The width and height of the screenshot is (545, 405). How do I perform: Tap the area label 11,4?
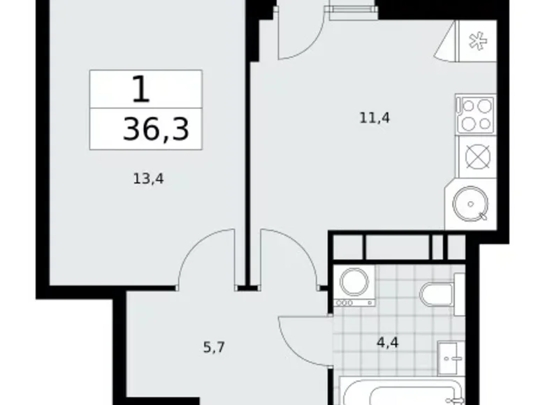click(x=374, y=118)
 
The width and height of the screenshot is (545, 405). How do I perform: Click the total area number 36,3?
click(x=156, y=129)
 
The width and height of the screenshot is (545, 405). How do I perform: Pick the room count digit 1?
click(x=140, y=90)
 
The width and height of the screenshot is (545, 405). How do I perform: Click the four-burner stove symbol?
click(x=475, y=113)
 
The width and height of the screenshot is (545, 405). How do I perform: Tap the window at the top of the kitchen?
click(x=349, y=9)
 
